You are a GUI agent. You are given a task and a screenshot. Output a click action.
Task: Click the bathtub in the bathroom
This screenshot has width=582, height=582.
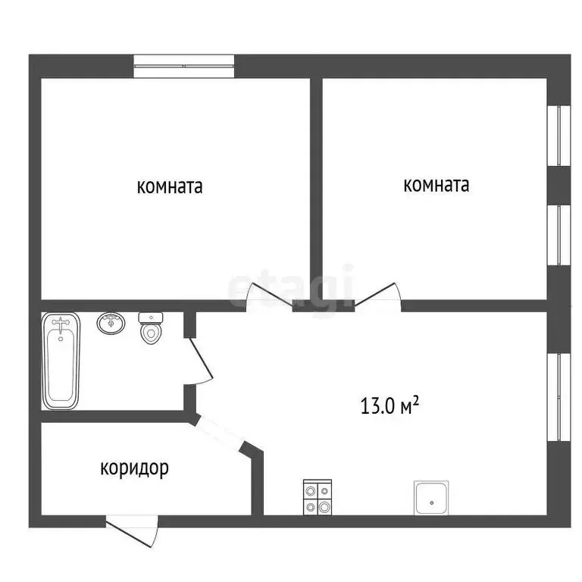click(61, 361)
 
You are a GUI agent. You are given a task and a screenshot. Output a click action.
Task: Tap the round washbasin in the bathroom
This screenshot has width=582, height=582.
click(111, 324)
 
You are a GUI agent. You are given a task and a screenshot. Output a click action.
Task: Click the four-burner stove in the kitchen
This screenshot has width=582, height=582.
click(318, 497)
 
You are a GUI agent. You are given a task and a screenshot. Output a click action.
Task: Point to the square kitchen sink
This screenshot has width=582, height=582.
click(431, 497)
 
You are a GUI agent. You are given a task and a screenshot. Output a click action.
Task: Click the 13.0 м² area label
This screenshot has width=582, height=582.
click(391, 406)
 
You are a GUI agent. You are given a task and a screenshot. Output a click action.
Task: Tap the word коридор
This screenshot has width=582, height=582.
click(134, 468)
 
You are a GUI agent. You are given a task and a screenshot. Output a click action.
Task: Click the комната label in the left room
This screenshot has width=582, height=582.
click(169, 186)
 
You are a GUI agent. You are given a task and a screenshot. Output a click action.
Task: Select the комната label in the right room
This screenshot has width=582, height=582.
click(436, 184)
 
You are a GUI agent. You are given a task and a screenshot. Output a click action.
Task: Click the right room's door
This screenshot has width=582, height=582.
click(378, 296)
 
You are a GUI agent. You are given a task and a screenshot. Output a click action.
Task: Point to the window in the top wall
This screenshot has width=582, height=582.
click(184, 66)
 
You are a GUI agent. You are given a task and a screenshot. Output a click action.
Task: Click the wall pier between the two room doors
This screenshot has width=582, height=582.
click(324, 305)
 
